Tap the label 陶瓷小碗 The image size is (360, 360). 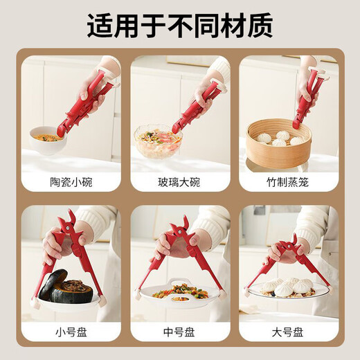71,182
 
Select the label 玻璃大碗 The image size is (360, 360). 179,182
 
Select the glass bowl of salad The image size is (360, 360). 157,142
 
